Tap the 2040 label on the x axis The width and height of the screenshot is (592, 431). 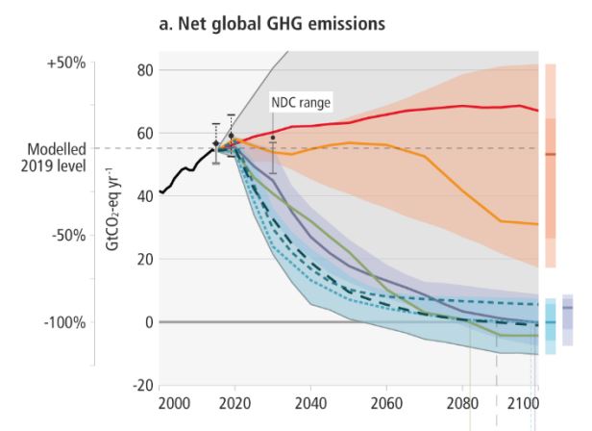click(x=310, y=401)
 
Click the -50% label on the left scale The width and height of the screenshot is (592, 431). click(x=67, y=237)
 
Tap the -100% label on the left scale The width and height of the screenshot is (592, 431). click(x=64, y=322)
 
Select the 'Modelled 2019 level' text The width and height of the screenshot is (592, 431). click(x=56, y=156)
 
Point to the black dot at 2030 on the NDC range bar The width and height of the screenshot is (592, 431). click(x=273, y=139)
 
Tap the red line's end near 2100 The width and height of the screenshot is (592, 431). click(x=536, y=111)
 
